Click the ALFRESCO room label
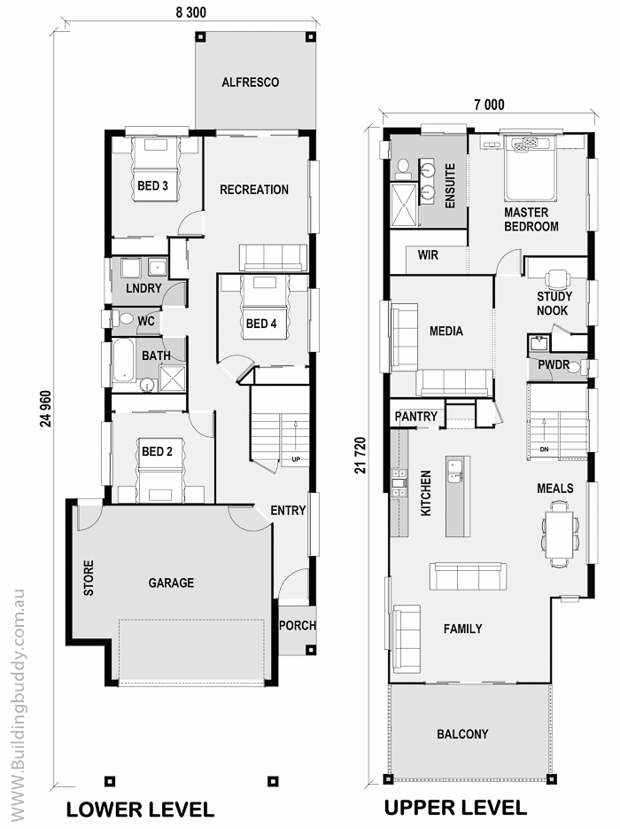coord(251,82)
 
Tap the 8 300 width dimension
coord(191,12)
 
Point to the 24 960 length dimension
coord(45,409)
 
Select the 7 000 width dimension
coord(489,105)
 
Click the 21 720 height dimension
coord(360,455)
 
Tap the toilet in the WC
coord(125,319)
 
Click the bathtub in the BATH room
coord(125,359)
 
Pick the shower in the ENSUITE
coord(404,204)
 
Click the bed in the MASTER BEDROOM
coord(531,168)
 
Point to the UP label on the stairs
coord(296,459)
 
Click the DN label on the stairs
coord(544,450)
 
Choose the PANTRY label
coord(416,416)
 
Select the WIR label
coord(428,254)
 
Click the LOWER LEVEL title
coord(140,809)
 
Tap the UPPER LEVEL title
coord(455,808)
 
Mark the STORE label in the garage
coord(89,578)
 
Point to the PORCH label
coord(298,625)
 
